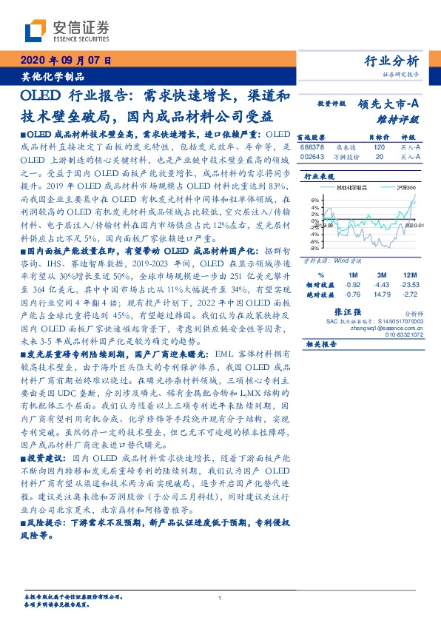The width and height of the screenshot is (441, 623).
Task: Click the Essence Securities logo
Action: [x=67, y=31]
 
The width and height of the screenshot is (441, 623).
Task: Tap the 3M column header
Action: [x=382, y=275]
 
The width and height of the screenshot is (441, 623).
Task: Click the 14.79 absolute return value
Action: [x=382, y=293]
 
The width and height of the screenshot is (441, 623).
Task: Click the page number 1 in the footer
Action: [x=220, y=599]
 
